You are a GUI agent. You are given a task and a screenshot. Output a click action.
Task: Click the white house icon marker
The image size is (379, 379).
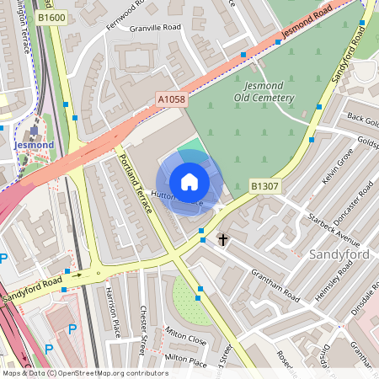tap(189, 182)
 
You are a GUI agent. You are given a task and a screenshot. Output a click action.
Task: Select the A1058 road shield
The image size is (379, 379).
tap(170, 99)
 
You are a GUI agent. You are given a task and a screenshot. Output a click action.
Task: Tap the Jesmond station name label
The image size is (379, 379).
tap(34, 145)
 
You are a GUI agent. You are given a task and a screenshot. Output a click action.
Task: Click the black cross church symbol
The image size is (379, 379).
tap(223, 240)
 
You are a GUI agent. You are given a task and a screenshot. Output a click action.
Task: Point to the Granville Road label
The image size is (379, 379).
tap(156, 28)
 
